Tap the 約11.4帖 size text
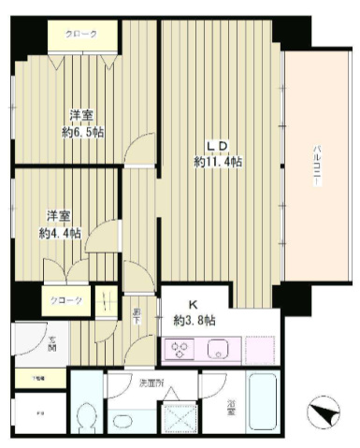pyautogui.click(x=219, y=161)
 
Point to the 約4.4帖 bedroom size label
pyautogui.click(x=59, y=232)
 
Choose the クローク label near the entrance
pyautogui.click(x=65, y=300)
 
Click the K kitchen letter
pyautogui.click(x=194, y=305)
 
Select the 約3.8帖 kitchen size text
pyautogui.click(x=195, y=320)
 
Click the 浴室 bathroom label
pyautogui.click(x=231, y=407)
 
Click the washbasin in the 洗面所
pyautogui.click(x=126, y=418)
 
